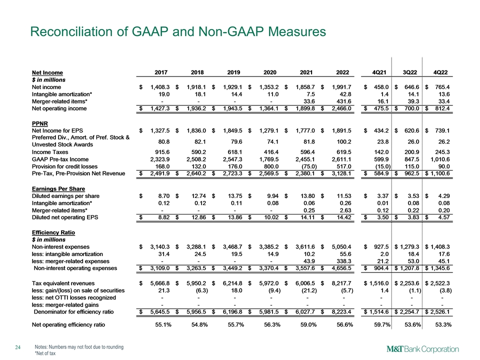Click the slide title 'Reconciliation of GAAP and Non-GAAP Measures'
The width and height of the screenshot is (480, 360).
pyautogui.click(x=178, y=32)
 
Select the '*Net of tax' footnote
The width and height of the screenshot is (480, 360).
pyautogui.click(x=46, y=353)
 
